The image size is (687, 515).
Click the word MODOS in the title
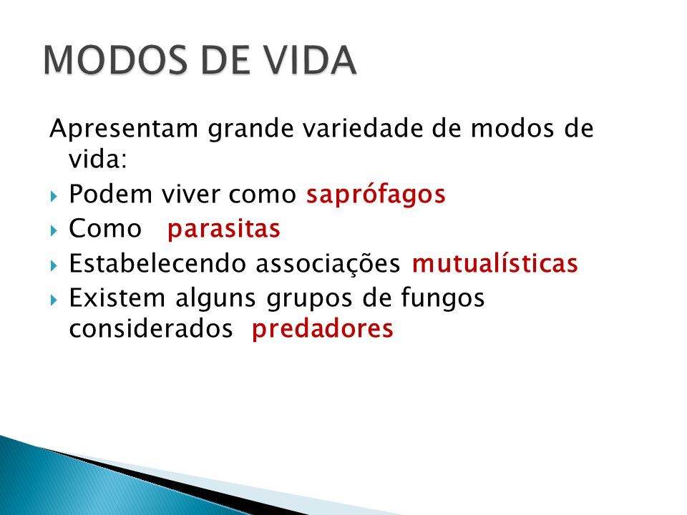tap(115, 60)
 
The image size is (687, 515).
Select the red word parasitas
tap(224, 230)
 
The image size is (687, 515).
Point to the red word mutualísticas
tap(495, 263)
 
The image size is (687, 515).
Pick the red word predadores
tap(323, 328)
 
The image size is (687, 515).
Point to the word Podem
tap(110, 194)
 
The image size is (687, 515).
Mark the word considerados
tap(151, 328)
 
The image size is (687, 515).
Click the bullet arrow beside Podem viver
tap(54, 196)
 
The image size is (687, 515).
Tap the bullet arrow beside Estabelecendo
tap(54, 265)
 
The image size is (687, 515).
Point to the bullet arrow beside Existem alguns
tap(54, 300)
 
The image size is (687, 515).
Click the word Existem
tap(117, 298)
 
